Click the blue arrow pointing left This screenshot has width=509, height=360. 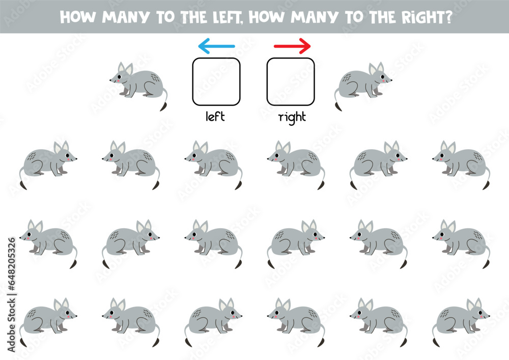[x=216, y=47]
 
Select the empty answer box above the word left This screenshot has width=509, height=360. [x=216, y=81]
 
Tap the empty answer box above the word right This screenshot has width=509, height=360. [x=291, y=81]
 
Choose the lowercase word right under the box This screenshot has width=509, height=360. [x=292, y=117]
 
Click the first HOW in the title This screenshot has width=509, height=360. [x=74, y=16]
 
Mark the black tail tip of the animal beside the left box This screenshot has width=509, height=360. [x=163, y=106]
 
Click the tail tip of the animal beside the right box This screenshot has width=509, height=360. [x=338, y=106]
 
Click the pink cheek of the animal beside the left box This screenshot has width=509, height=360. [x=119, y=80]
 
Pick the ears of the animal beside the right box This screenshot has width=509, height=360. [x=377, y=68]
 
